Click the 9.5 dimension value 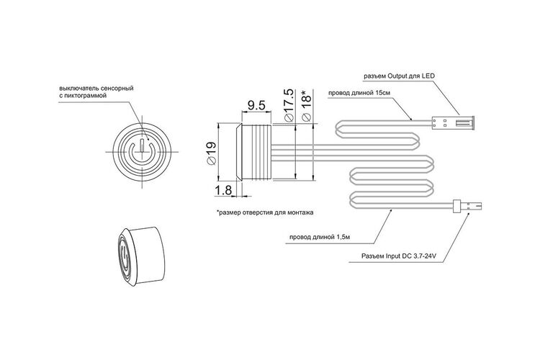click(x=256, y=105)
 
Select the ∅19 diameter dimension click(x=211, y=153)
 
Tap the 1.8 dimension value click(x=223, y=190)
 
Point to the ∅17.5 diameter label click(x=288, y=105)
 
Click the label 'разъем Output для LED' click(x=400, y=76)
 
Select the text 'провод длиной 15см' click(x=359, y=93)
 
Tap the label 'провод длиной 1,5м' click(x=320, y=237)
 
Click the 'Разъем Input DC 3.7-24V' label click(x=399, y=256)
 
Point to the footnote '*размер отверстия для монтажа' click(x=265, y=212)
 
